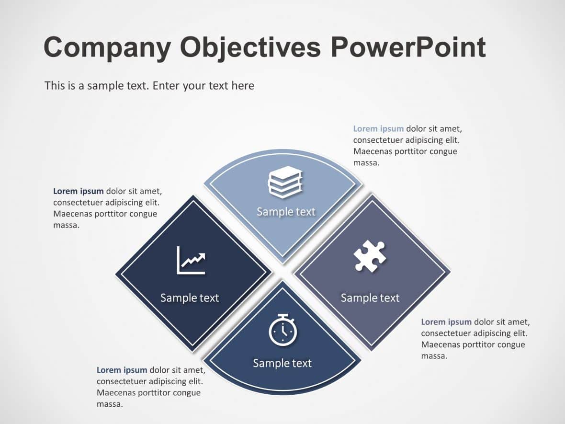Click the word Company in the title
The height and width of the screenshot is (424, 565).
pyautogui.click(x=107, y=48)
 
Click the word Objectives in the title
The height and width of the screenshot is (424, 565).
pyautogui.click(x=250, y=48)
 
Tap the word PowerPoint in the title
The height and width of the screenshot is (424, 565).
pyautogui.click(x=408, y=48)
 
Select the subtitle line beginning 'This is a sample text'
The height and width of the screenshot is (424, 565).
pyautogui.click(x=149, y=86)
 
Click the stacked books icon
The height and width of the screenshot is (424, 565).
pyautogui.click(x=285, y=182)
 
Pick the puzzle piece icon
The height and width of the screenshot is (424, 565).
pyautogui.click(x=370, y=256)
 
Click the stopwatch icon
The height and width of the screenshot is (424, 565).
pyautogui.click(x=282, y=330)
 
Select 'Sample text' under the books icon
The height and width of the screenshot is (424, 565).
pyautogui.click(x=286, y=212)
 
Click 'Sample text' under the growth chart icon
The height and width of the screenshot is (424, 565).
pyautogui.click(x=190, y=298)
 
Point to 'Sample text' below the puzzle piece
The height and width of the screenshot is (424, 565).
pyautogui.click(x=370, y=298)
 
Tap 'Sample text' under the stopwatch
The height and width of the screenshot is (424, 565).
pyautogui.click(x=282, y=363)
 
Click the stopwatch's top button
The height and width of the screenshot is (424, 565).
pyautogui.click(x=282, y=315)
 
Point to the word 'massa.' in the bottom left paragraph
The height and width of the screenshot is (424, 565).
pyautogui.click(x=110, y=404)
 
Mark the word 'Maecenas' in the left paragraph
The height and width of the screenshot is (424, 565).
pyautogui.click(x=71, y=214)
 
